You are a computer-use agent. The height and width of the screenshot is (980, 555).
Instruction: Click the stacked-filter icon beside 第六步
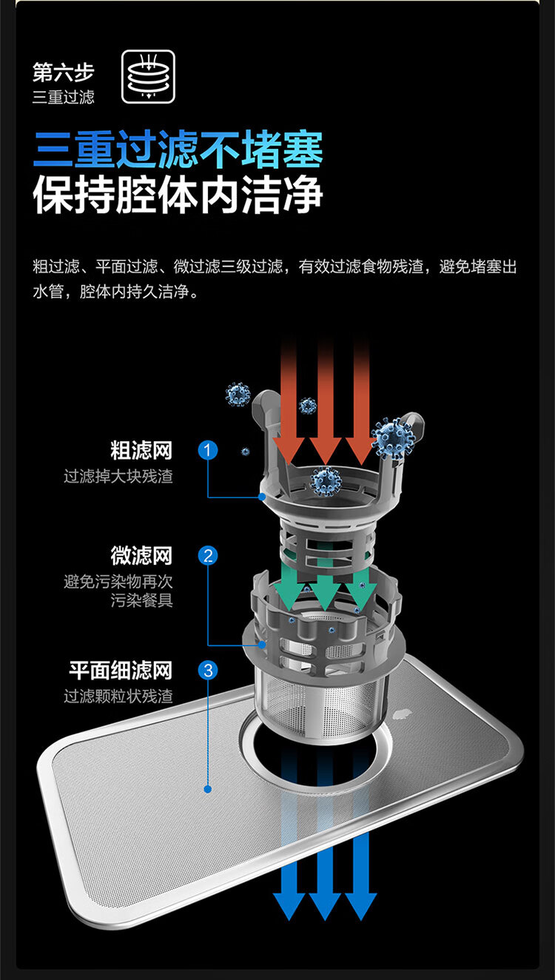coord(148,76)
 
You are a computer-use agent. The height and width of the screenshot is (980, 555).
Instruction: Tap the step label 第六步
coord(64,73)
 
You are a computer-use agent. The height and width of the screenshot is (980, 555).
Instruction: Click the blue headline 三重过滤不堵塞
coord(178,148)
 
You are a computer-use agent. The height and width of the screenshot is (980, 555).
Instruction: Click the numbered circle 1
coord(209,449)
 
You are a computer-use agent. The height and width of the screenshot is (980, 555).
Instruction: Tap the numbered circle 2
coord(209,555)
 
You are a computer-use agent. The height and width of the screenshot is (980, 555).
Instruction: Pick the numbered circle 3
coord(209,671)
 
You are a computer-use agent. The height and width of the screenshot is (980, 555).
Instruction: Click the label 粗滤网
coord(141,450)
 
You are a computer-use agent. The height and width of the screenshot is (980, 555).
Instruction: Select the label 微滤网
coord(141,555)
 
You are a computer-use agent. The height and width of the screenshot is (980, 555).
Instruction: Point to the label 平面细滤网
coord(121,671)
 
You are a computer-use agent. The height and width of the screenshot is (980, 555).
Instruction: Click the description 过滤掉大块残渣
coord(118,476)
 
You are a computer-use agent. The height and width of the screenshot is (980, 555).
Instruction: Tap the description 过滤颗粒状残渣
coord(118,697)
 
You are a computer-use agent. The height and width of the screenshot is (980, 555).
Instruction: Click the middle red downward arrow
coord(325,400)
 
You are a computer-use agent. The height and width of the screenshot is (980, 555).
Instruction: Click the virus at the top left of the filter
coord(238,395)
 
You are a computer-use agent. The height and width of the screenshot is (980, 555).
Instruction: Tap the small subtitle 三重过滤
coord(64,97)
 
